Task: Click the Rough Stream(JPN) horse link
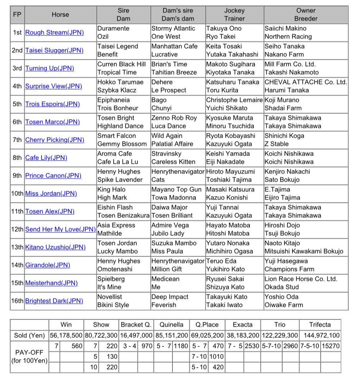point(54,33)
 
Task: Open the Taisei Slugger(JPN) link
point(54,51)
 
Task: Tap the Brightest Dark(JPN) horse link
point(54,301)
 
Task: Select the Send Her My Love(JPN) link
point(60,230)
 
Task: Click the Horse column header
point(60,15)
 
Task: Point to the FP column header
point(17,15)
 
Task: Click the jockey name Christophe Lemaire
point(234,100)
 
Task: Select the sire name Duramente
point(113,28)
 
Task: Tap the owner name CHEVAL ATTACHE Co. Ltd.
point(306,82)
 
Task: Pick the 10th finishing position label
point(17,193)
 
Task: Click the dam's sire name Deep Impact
point(170,297)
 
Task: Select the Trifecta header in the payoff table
point(320,324)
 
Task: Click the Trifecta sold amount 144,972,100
point(320,335)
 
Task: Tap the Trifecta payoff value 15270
point(330,346)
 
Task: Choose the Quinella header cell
point(171,324)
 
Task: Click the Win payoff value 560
point(77,346)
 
